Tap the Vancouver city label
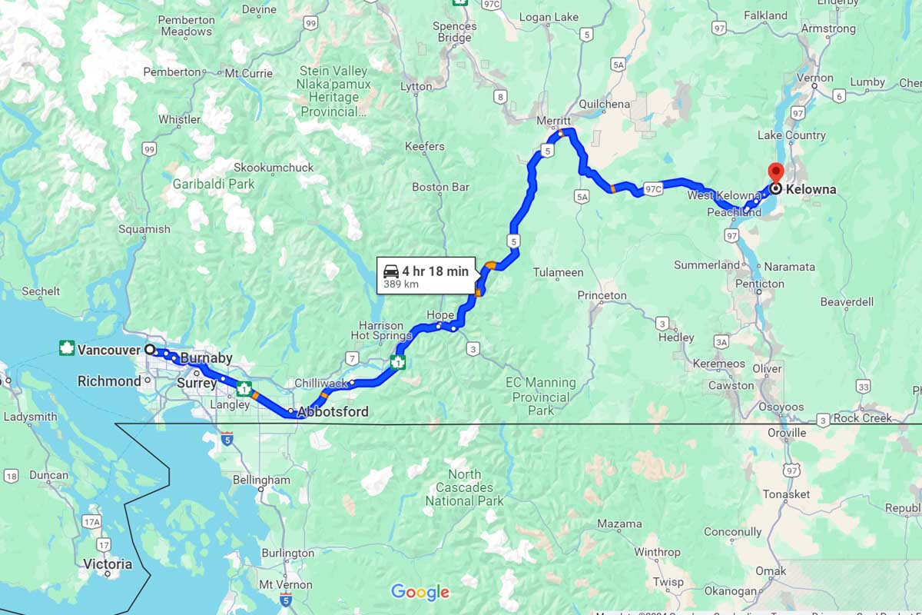point(108,351)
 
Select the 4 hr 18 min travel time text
point(435,271)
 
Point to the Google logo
point(420,592)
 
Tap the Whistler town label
point(179,119)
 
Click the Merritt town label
point(554,121)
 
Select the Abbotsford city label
point(333,412)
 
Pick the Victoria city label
point(108,564)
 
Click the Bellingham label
point(261,480)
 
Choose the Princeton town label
point(602,295)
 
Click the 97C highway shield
point(653,188)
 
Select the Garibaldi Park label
point(214,184)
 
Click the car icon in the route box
point(391,271)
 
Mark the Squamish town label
point(144,229)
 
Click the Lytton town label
point(416,87)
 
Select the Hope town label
point(441,315)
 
